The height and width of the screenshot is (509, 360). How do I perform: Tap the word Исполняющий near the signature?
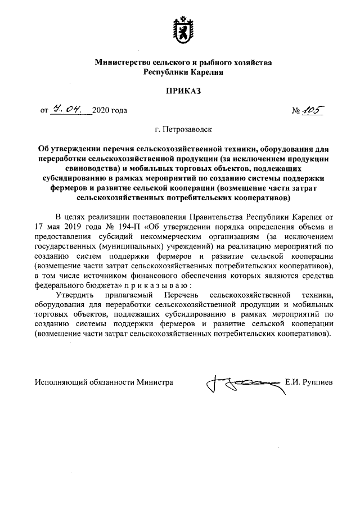coord(61,382)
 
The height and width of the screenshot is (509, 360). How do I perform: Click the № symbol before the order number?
coord(297,110)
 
